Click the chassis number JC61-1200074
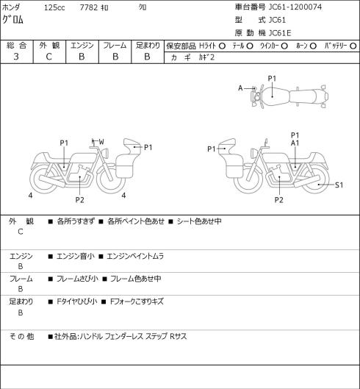pos(295,7)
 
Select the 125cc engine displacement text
pos(54,7)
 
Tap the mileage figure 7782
pos(89,7)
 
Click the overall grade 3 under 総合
pos(16,57)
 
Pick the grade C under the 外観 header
pos(48,57)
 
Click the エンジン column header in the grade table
pos(82,46)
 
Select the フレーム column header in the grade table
pos(115,46)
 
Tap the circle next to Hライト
pos(222,46)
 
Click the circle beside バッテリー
pos(353,46)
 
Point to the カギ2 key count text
pos(206,57)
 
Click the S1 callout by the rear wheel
pos(339,185)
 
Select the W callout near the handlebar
pos(101,142)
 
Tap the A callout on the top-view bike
pos(240,88)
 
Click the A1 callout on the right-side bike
pos(295,143)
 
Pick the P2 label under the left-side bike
pos(79,200)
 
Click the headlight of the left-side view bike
pos(105,152)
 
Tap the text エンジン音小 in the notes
pos(76,256)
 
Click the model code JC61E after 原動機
pos(280,33)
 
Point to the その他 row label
pos(21,336)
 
